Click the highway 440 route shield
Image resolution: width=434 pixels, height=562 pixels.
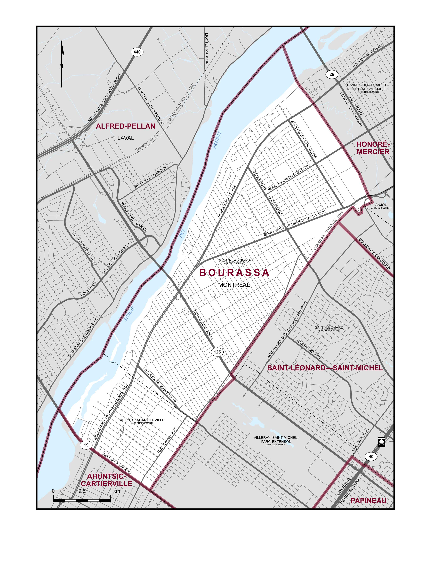pos(137,52)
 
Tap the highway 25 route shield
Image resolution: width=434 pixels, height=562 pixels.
pos(332,74)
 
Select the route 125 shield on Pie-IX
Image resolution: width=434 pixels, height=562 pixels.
pos(217,352)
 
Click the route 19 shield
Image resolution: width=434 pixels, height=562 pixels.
pos(86,445)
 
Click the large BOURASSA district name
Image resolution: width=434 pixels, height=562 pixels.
pos(234,273)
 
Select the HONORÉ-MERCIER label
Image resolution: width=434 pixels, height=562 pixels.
pos(373,148)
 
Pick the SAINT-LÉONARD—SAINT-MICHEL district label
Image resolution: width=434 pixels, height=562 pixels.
pos(325,368)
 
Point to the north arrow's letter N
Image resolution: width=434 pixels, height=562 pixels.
pos(61,66)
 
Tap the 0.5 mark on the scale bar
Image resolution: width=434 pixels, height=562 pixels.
pos(82,491)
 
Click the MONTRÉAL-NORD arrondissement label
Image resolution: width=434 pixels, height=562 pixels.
pos(234,260)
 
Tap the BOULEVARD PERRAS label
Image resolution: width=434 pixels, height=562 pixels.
pos(368,56)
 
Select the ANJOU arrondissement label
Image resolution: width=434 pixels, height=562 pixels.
pos(381,205)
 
